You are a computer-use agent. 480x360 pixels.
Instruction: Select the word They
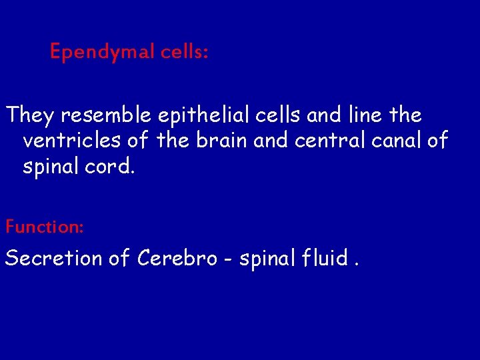point(30,116)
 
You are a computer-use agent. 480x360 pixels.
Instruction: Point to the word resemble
point(107,116)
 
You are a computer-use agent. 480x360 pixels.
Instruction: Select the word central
point(325,141)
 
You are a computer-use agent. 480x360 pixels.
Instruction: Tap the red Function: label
point(45,227)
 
